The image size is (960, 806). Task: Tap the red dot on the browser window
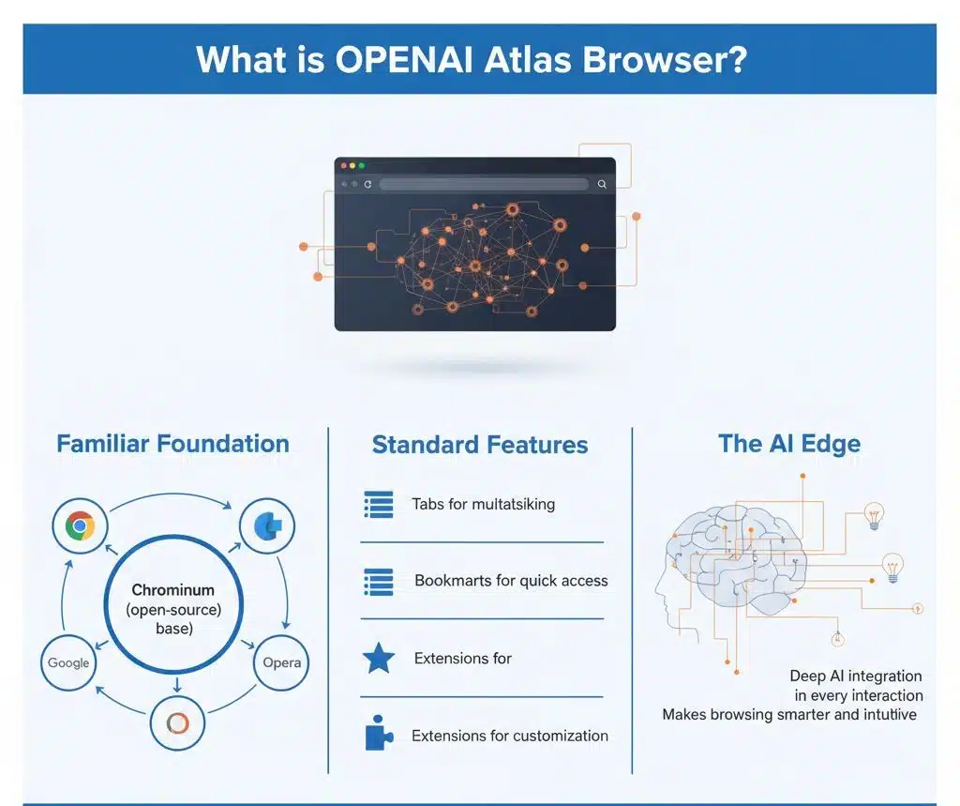pos(342,165)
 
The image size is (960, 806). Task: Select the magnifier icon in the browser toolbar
pos(602,185)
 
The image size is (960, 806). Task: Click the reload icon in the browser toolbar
pos(367,185)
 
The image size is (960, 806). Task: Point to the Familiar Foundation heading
pos(172,444)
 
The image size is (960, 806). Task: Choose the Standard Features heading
pos(480,445)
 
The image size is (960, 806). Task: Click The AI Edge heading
pos(788,444)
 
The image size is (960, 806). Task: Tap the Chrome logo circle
pos(80,526)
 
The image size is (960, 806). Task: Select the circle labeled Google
pos(68,662)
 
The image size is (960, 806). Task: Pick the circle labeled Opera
pos(281,662)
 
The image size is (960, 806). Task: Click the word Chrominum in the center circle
pos(173,590)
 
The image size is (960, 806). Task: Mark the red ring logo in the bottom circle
pos(178,723)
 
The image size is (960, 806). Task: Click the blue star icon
pos(379,659)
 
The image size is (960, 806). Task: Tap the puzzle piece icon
pos(379,735)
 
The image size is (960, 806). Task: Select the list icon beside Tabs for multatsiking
pos(379,505)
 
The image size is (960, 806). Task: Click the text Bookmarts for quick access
pos(511,581)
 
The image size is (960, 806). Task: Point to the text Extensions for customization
pos(510,736)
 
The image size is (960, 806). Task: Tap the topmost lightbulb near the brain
pos(873,514)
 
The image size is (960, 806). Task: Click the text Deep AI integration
pos(855,676)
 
